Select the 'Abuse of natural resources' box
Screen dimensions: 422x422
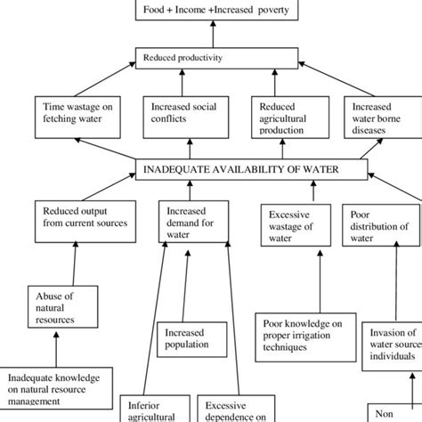pyautogui.click(x=61, y=304)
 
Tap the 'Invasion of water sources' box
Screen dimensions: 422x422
pyautogui.click(x=393, y=341)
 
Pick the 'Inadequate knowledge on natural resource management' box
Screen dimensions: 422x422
pyautogui.click(x=61, y=389)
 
